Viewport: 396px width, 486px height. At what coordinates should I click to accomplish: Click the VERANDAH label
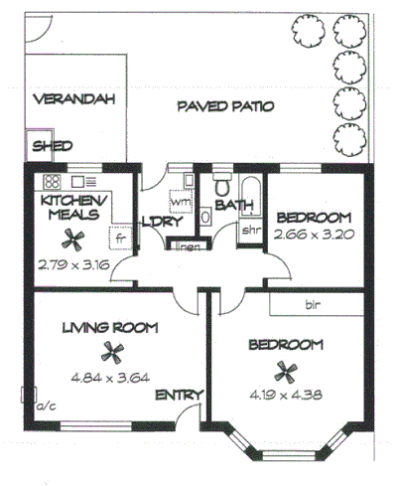(x=73, y=99)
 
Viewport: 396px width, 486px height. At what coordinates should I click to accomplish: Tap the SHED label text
(x=54, y=146)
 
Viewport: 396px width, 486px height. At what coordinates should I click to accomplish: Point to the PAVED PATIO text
(x=226, y=106)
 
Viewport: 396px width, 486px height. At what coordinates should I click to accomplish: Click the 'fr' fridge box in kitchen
(x=118, y=239)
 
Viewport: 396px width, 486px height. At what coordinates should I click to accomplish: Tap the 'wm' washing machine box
(x=180, y=203)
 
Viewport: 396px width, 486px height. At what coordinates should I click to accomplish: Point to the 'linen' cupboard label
(x=187, y=246)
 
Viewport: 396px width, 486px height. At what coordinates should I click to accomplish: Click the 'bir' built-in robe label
(x=313, y=303)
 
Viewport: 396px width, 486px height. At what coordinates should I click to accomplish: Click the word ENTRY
(x=180, y=396)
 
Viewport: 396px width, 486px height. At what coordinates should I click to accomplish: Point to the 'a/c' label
(x=46, y=405)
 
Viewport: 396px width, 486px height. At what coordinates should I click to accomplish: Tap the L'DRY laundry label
(x=160, y=221)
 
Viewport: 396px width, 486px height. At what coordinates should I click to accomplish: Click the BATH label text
(x=235, y=207)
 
